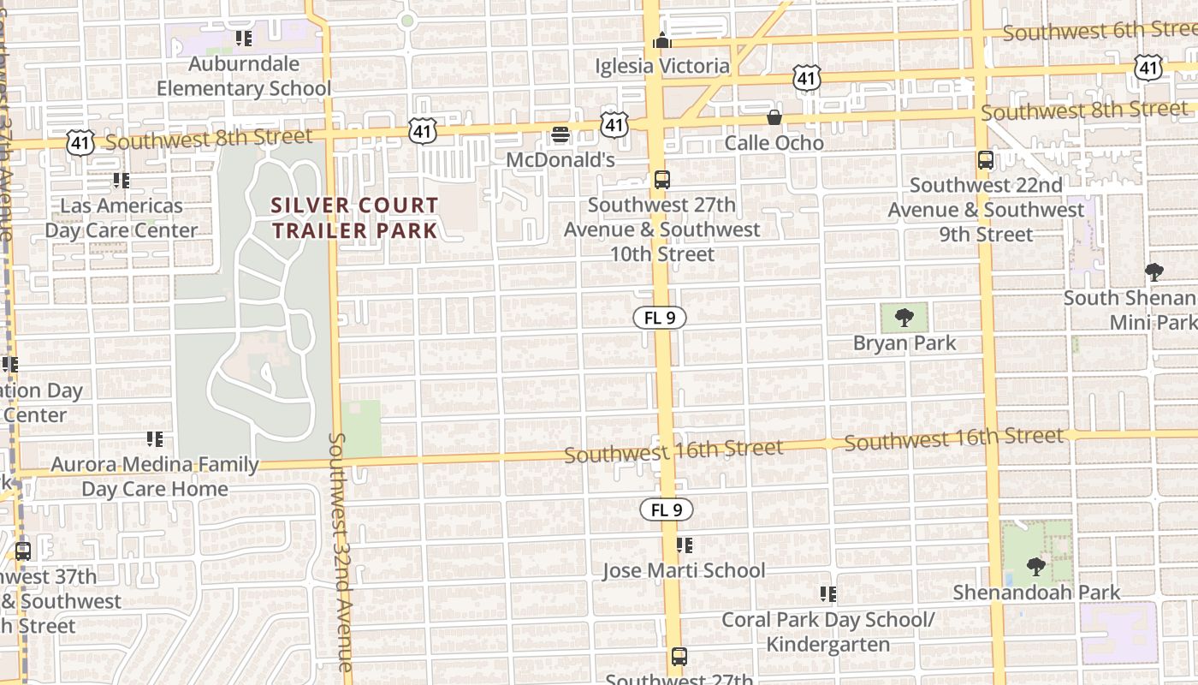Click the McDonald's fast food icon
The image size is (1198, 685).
tap(560, 134)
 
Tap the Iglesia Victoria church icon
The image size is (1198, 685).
tap(661, 40)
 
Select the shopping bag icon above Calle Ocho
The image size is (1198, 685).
tap(774, 117)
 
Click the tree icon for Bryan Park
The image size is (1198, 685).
tap(904, 319)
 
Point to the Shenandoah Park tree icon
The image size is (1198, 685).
tap(1035, 566)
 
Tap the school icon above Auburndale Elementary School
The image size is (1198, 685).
tap(244, 39)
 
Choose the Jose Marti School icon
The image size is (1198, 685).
tap(684, 545)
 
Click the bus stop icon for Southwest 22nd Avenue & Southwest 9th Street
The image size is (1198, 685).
tap(986, 160)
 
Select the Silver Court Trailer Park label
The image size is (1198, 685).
tap(354, 217)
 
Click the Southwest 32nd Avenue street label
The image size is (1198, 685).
tap(339, 551)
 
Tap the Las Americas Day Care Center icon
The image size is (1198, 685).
tap(122, 181)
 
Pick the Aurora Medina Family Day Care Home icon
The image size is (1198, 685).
tap(155, 439)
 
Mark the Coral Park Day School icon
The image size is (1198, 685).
tap(827, 593)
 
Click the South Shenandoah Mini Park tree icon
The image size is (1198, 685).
tap(1154, 272)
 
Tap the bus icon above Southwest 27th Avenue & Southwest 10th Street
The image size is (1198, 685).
tap(661, 180)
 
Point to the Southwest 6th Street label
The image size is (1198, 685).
tap(1100, 31)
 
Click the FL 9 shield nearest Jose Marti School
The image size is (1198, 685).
tap(666, 510)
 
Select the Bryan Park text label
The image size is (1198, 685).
tap(904, 343)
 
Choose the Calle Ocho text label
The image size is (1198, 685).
tap(774, 143)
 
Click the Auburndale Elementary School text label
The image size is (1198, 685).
tap(244, 76)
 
